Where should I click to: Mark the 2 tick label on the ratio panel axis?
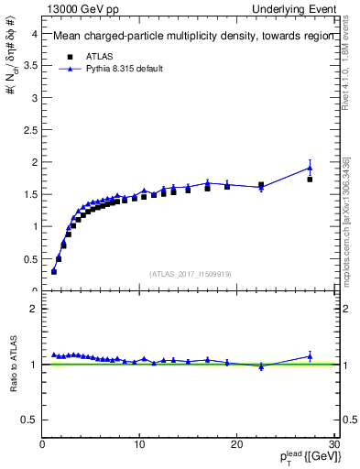pos(34,309)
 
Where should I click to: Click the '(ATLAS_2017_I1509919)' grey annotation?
pos(190,273)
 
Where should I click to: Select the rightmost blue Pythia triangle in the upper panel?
pos(310,168)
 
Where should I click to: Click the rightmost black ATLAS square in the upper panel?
pos(310,180)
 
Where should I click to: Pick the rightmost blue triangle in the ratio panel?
pos(310,356)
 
